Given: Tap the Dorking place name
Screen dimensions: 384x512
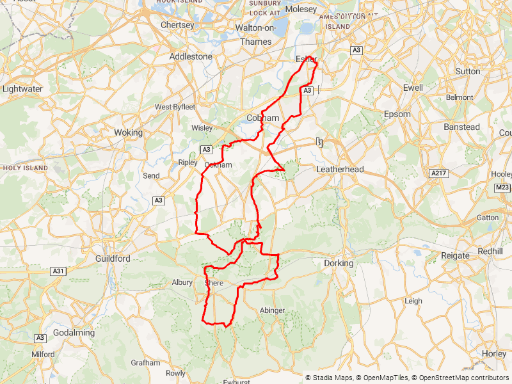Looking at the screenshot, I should coord(339,263).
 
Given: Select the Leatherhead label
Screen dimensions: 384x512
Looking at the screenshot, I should coord(340,170).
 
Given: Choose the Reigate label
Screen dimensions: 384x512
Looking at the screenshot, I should coord(455,256).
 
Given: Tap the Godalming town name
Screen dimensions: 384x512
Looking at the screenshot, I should coord(75,333).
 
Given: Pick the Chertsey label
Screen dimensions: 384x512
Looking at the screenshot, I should coord(177,25).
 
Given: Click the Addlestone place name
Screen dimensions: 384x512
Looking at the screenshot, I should coord(191,56).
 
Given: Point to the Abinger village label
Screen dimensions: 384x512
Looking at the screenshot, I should coord(272,310).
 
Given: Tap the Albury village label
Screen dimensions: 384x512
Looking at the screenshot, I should coord(182,282).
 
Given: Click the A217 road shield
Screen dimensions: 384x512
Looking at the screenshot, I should coord(438,173).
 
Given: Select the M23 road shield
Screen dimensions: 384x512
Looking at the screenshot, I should coord(502,188).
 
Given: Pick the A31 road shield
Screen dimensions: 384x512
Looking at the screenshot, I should coord(58,271).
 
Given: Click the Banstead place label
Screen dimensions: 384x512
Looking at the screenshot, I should coord(461,127).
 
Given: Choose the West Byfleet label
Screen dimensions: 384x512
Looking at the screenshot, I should coord(175,107).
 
